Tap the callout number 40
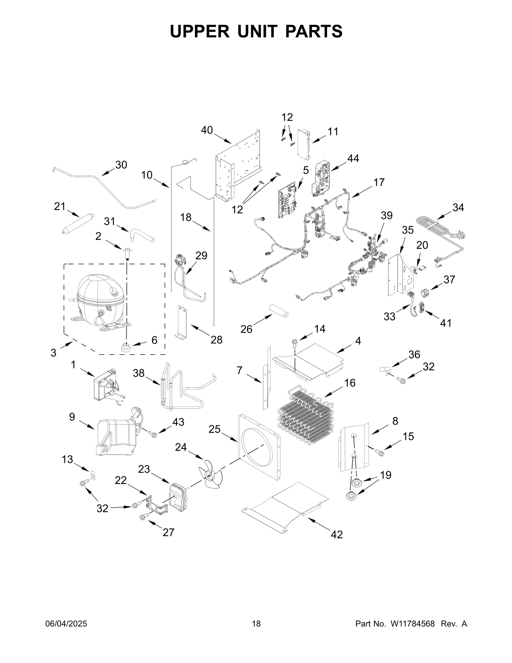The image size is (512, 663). click(x=207, y=130)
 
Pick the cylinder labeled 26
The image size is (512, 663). click(x=278, y=310)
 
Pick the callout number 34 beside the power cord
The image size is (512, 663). click(x=458, y=207)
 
